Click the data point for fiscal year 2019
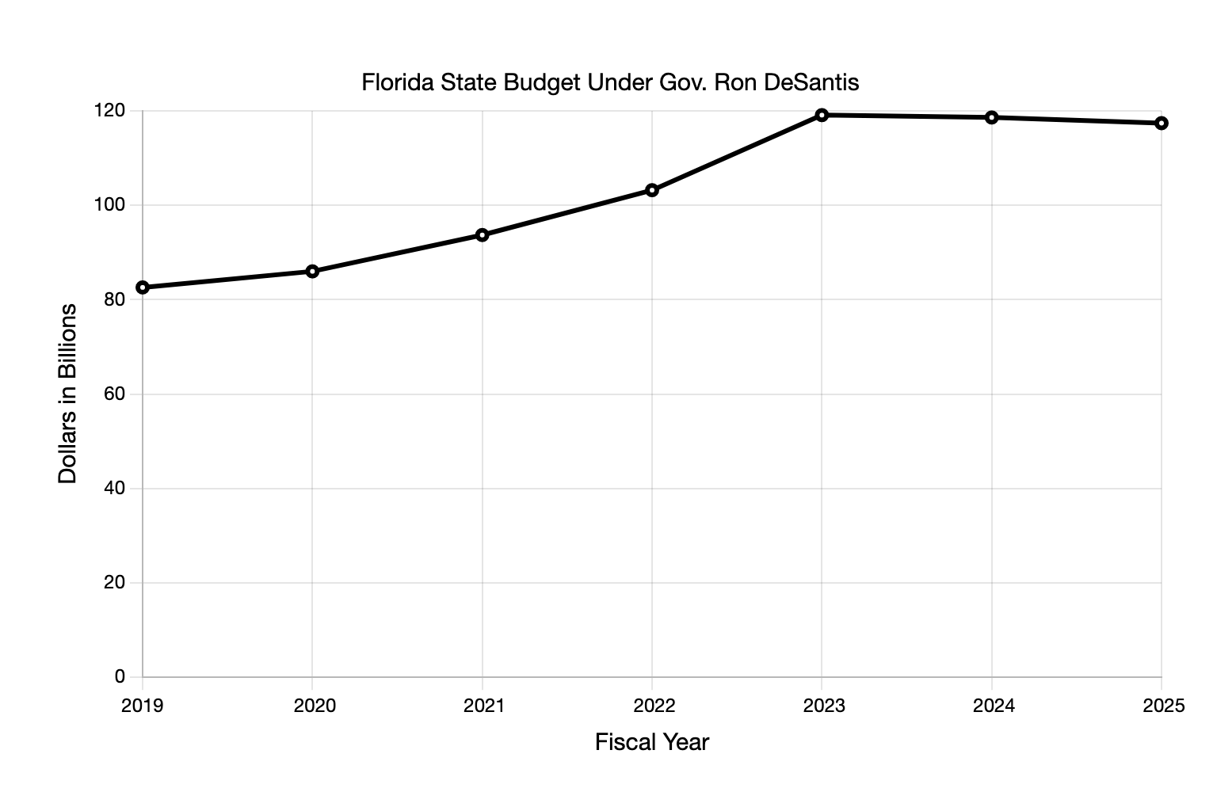143,287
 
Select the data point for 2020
312,272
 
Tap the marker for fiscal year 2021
483,235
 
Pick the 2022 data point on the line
652,190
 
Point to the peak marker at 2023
822,116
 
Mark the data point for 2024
992,118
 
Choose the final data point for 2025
1162,124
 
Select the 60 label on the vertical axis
115,394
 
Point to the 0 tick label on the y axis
120,676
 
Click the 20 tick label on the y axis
115,582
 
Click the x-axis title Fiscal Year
652,743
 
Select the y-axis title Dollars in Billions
68,394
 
